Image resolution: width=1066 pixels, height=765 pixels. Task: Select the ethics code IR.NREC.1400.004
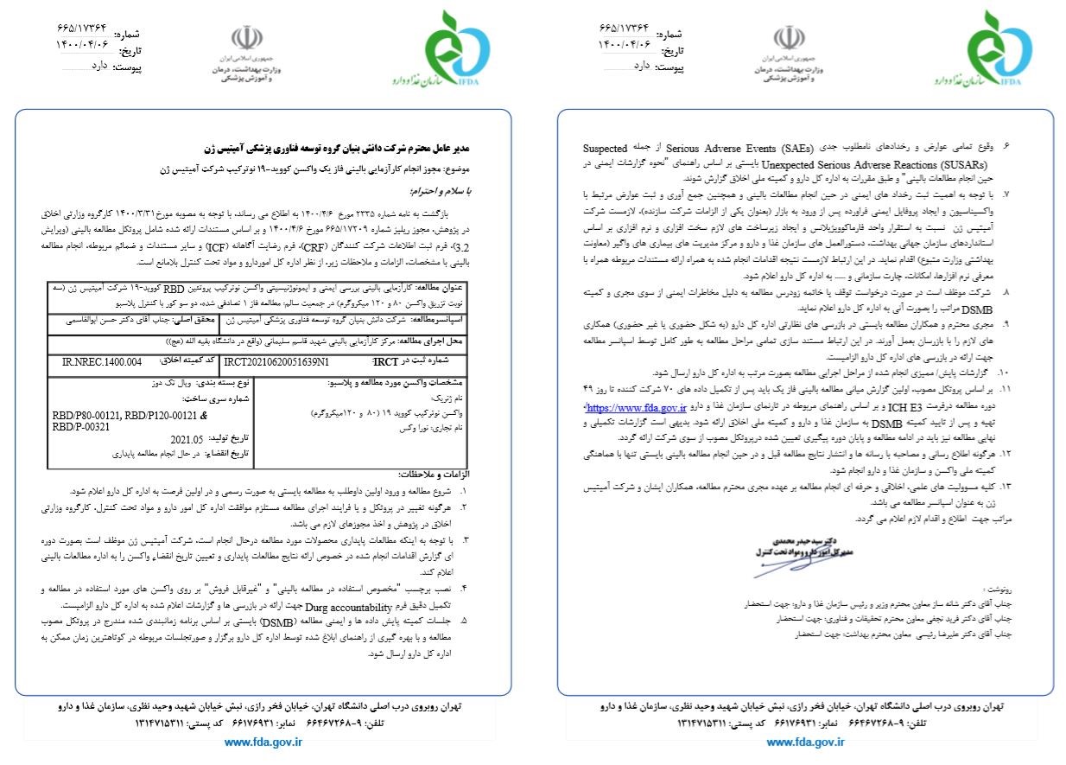pos(101,361)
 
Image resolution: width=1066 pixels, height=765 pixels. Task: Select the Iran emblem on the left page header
pos(245,39)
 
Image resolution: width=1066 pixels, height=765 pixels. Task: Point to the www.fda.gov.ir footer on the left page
pos(263,742)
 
